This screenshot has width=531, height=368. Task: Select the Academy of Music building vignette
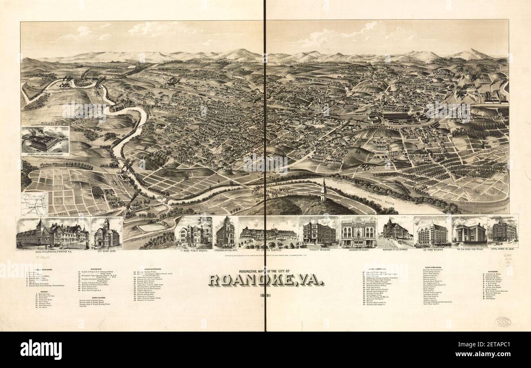point(358,232)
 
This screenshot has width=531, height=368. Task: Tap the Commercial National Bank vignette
point(225,232)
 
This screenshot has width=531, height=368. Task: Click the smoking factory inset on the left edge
point(45,140)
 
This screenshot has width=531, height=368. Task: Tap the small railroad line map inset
point(35,204)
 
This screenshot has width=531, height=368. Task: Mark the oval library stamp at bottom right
point(502,322)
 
